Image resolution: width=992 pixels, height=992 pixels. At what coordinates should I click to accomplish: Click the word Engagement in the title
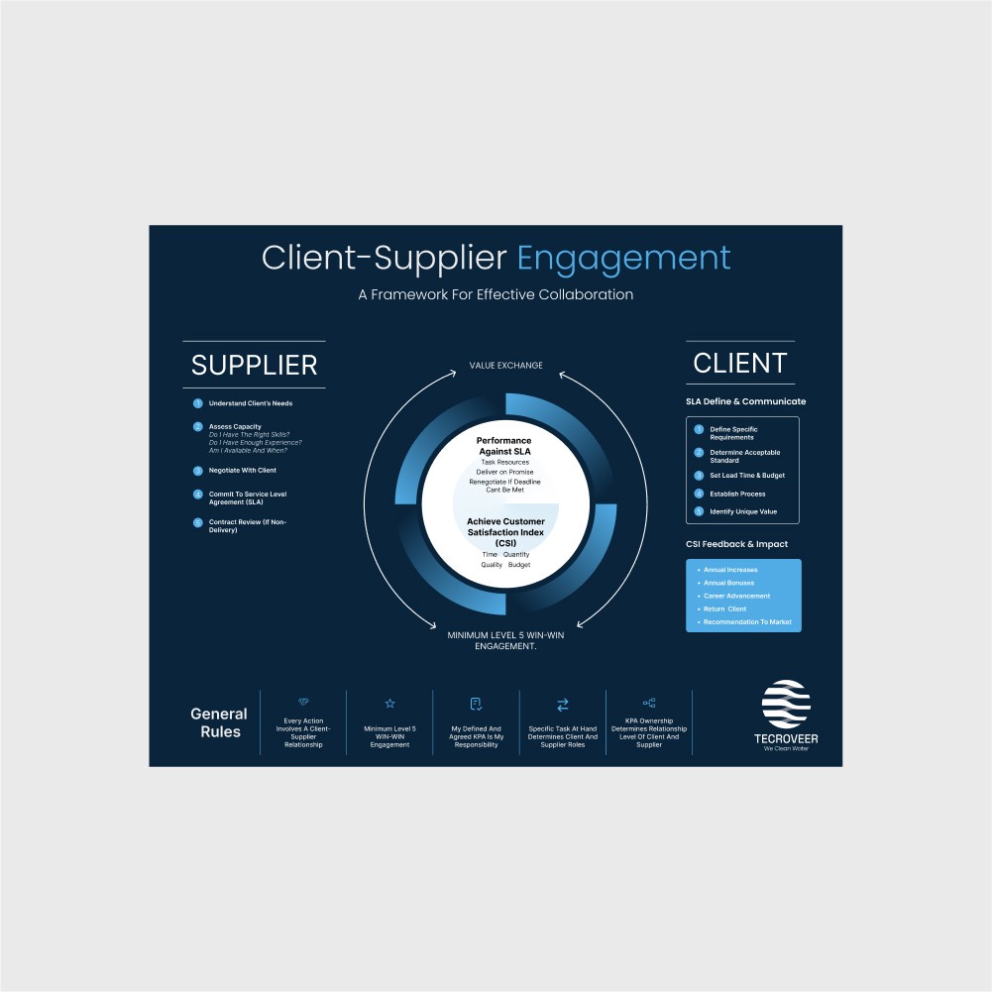(x=623, y=259)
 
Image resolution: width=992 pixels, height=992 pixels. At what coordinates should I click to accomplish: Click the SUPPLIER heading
(x=254, y=365)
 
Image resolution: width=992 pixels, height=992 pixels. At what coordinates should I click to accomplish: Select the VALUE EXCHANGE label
(x=505, y=366)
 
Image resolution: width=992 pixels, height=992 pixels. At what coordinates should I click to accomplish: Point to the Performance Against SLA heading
(x=504, y=446)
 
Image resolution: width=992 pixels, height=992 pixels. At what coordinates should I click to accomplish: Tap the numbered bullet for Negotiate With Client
(x=198, y=470)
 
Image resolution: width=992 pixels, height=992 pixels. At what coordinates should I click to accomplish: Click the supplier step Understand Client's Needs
(x=250, y=403)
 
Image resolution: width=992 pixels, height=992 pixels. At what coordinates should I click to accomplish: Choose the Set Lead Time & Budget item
(x=746, y=476)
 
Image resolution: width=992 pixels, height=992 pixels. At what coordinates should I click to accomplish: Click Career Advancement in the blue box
(x=735, y=597)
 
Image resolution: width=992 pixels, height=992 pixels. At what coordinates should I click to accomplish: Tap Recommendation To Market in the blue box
(x=746, y=621)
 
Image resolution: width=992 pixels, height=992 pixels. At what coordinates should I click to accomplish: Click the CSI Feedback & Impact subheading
(x=736, y=544)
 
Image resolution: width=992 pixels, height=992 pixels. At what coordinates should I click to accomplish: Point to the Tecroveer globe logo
(x=786, y=705)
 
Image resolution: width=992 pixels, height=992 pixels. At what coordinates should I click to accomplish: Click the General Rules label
(x=218, y=722)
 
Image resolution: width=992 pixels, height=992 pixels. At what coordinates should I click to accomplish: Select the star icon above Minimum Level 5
(x=389, y=704)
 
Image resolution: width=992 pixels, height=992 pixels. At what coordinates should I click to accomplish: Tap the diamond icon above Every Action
(x=303, y=701)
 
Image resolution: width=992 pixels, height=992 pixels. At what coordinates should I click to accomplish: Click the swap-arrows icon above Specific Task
(x=563, y=705)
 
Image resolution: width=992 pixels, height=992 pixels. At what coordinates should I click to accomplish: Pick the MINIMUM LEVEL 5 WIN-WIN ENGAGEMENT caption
(x=505, y=640)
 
